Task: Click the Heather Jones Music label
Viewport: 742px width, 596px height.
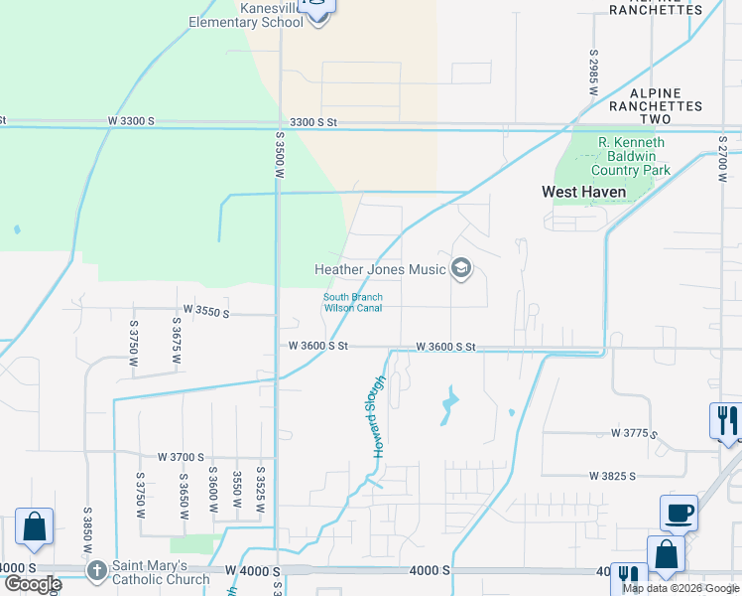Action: coord(380,269)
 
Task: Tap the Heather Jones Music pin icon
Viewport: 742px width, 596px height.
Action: coord(460,268)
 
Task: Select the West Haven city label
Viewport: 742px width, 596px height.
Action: coord(583,191)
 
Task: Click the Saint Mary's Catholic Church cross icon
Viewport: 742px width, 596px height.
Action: coord(96,570)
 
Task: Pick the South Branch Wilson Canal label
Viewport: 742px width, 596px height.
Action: coord(352,302)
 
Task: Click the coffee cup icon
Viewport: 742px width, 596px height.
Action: coord(679,513)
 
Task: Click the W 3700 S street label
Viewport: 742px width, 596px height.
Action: coord(181,457)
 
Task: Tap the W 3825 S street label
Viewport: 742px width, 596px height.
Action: coord(612,477)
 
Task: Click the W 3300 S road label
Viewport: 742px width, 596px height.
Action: coord(131,121)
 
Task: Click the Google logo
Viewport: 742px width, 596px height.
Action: coord(32,584)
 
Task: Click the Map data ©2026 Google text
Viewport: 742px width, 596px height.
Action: coord(680,588)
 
